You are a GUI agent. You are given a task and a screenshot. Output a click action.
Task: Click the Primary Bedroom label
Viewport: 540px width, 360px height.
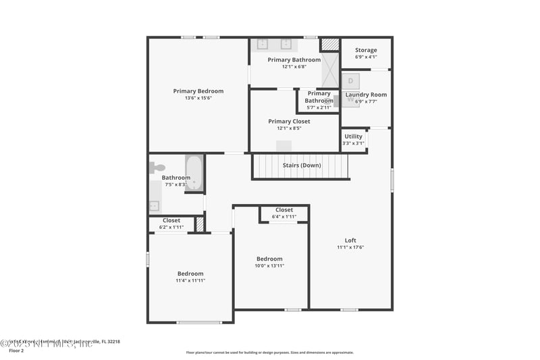[x=198, y=91]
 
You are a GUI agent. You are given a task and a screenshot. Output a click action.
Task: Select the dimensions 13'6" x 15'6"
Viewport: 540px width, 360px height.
[x=198, y=98]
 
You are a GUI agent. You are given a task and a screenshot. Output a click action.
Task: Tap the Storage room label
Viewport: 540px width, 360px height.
[x=366, y=50]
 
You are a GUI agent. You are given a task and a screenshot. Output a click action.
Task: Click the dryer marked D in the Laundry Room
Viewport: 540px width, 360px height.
[x=351, y=80]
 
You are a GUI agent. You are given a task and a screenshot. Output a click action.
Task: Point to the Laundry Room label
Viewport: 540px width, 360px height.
[x=366, y=95]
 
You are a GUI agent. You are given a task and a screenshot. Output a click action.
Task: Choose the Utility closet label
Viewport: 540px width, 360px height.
[x=353, y=136]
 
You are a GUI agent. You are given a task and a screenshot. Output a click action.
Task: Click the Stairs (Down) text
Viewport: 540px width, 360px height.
[x=302, y=165]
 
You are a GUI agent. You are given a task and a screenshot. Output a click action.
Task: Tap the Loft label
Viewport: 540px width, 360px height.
[x=350, y=240]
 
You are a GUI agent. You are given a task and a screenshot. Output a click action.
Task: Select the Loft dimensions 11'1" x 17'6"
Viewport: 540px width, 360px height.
[x=350, y=247]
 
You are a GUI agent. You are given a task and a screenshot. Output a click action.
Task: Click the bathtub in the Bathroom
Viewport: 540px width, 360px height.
[x=194, y=174]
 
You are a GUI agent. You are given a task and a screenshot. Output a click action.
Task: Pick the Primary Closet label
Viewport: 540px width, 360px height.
[x=289, y=122]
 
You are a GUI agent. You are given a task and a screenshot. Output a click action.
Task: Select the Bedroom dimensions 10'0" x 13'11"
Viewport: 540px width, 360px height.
[x=269, y=265]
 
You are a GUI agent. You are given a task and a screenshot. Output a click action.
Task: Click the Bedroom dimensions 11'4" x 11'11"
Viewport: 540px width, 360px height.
[x=190, y=280]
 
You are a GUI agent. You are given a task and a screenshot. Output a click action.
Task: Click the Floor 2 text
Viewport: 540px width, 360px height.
[x=16, y=351]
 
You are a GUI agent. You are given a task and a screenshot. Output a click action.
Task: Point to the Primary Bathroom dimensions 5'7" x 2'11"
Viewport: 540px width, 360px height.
[x=319, y=107]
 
